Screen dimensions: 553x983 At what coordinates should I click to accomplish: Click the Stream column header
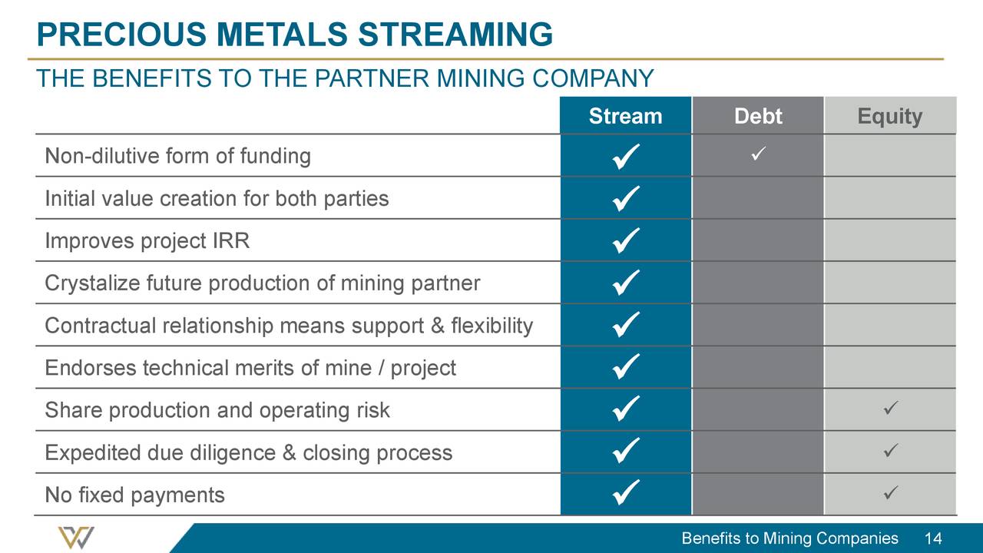[x=625, y=116]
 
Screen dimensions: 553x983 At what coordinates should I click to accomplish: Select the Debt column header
[x=757, y=116]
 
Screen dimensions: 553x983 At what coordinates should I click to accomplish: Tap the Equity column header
[x=889, y=116]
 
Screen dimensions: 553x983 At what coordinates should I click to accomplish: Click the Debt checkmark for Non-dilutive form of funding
[x=757, y=157]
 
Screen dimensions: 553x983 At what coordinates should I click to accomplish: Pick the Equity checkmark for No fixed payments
[x=889, y=491]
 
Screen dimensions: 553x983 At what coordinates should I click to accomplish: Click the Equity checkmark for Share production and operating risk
[x=889, y=407]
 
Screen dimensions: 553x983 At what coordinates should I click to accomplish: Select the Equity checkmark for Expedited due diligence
[x=889, y=449]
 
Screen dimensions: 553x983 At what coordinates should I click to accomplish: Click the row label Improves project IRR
[x=147, y=241]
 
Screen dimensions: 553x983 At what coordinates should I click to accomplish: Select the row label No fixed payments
[x=134, y=495]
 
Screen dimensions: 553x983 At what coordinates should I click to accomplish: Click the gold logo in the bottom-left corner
[x=76, y=537]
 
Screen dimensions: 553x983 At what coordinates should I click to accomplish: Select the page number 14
[x=934, y=538]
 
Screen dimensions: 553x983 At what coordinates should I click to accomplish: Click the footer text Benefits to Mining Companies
[x=789, y=538]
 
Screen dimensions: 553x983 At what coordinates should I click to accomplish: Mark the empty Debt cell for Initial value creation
[x=757, y=198]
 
